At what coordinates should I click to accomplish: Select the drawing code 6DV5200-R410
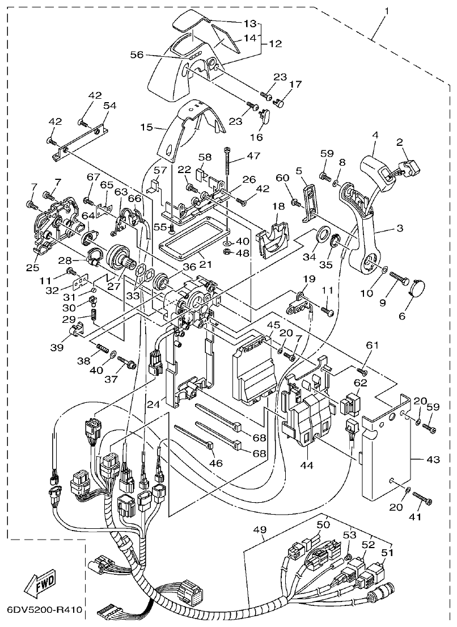[44, 611]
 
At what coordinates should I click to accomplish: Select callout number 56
[137, 54]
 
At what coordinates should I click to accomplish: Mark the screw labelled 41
[422, 499]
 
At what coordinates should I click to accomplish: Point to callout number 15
[146, 127]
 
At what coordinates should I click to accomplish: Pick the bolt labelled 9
[400, 278]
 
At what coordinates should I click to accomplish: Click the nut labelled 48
[227, 251]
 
